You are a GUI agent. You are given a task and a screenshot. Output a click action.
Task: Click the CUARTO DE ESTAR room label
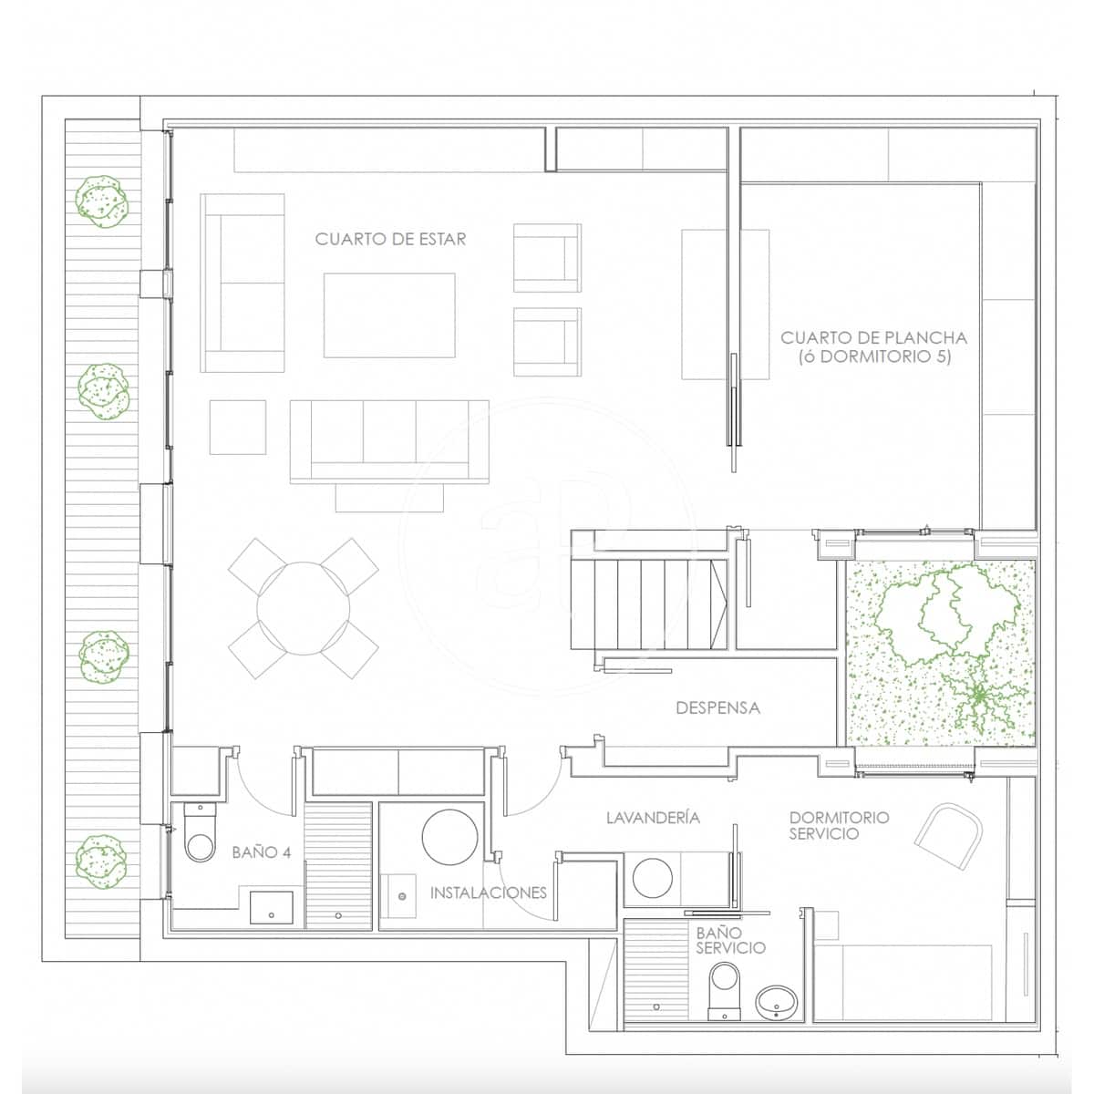pyautogui.click(x=390, y=239)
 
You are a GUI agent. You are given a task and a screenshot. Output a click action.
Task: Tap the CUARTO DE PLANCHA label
pyautogui.click(x=873, y=347)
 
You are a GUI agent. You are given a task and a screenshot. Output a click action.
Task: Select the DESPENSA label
pyautogui.click(x=717, y=707)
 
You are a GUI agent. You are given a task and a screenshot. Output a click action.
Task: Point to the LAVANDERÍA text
pyautogui.click(x=653, y=818)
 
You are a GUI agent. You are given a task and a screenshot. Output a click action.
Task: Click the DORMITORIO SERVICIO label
pyautogui.click(x=838, y=825)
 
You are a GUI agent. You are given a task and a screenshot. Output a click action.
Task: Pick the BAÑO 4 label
pyautogui.click(x=262, y=852)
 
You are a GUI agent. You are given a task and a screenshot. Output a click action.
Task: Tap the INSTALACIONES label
pyautogui.click(x=489, y=893)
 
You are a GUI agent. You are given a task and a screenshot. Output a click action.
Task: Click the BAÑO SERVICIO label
pyautogui.click(x=730, y=941)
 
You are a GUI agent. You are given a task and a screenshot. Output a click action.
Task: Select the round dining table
pyautogui.click(x=304, y=608)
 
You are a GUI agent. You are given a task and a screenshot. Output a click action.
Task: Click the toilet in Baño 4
pyautogui.click(x=201, y=834)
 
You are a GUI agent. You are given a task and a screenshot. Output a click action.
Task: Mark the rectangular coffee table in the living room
pyautogui.click(x=389, y=315)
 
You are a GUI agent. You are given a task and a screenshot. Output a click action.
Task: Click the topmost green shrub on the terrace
pyautogui.click(x=102, y=201)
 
